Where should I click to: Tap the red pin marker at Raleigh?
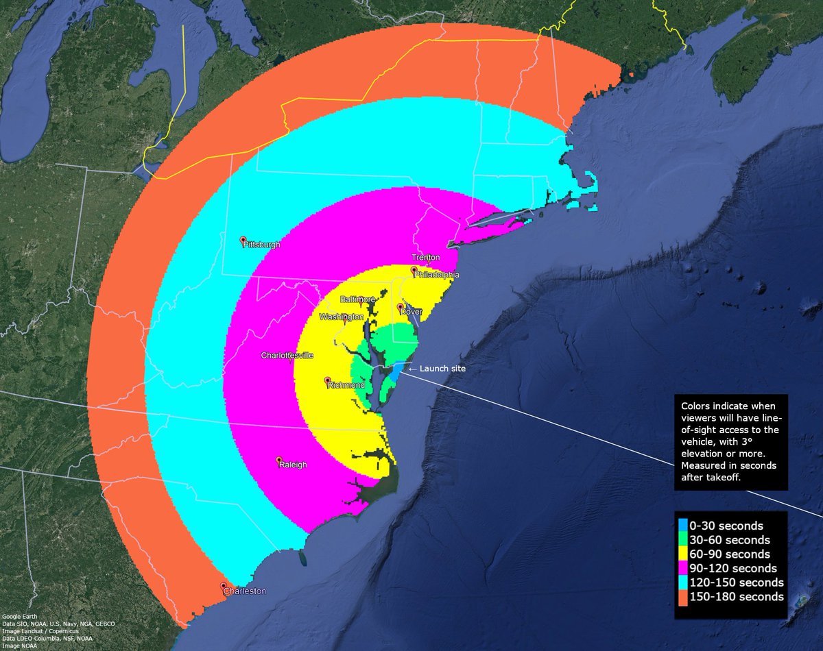pyautogui.click(x=278, y=459)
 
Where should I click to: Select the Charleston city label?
pyautogui.click(x=246, y=591)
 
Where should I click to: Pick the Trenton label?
pyautogui.click(x=425, y=258)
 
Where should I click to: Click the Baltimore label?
pyautogui.click(x=359, y=300)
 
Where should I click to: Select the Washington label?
pyautogui.click(x=341, y=317)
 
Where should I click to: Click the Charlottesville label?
pyautogui.click(x=287, y=356)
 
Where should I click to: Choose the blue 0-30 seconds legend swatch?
pyautogui.click(x=682, y=526)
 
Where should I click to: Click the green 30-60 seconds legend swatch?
pyautogui.click(x=682, y=540)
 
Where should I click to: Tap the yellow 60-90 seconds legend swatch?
pyautogui.click(x=682, y=554)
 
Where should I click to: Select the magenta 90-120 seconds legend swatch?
pyautogui.click(x=682, y=568)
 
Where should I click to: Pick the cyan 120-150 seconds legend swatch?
pyautogui.click(x=682, y=582)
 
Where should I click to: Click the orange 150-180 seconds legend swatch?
pyautogui.click(x=682, y=597)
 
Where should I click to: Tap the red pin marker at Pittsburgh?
pyautogui.click(x=243, y=241)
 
